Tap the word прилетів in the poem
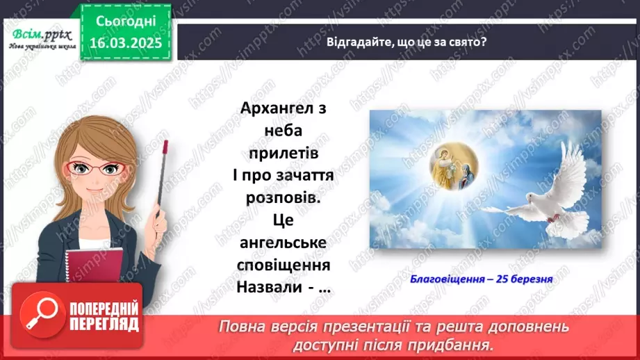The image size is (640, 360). pyautogui.click(x=285, y=153)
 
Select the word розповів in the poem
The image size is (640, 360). pyautogui.click(x=285, y=197)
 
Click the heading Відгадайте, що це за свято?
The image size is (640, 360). pyautogui.click(x=407, y=41)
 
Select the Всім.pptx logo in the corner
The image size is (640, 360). pyautogui.click(x=36, y=38)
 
